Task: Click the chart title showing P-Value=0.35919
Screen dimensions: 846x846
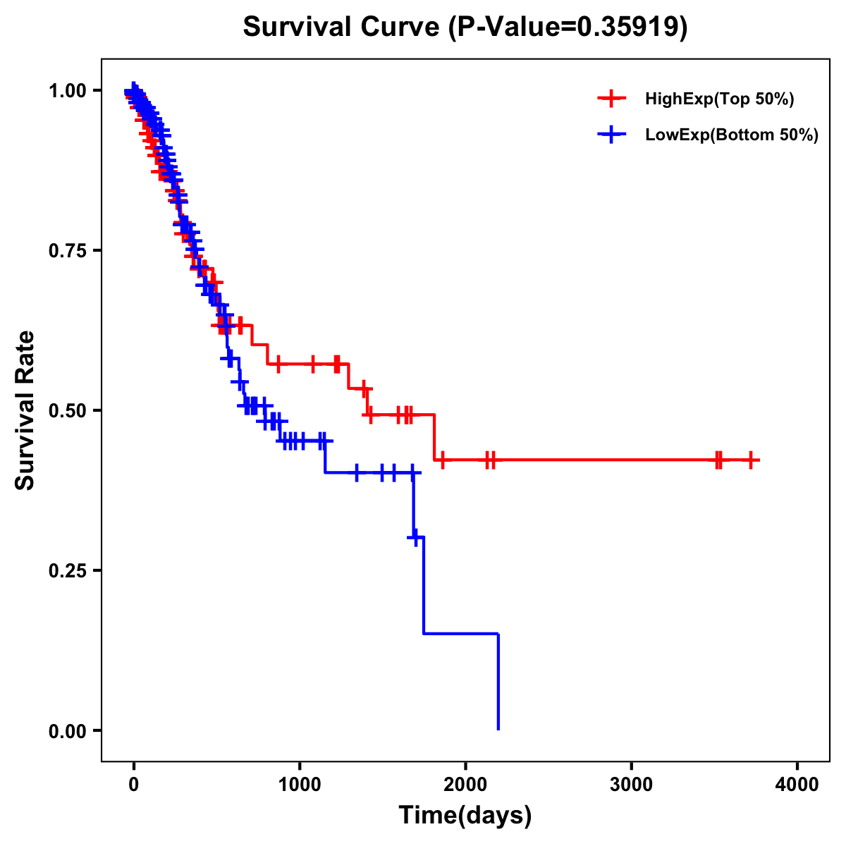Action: (x=465, y=27)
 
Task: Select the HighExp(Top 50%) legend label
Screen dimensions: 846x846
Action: (x=719, y=99)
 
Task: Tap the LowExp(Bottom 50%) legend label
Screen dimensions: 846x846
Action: (x=731, y=135)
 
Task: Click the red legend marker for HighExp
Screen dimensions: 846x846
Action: (x=611, y=99)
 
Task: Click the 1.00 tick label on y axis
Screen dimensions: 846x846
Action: (x=67, y=91)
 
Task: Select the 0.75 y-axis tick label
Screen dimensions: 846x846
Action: (x=67, y=251)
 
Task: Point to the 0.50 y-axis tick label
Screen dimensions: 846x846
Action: (x=67, y=410)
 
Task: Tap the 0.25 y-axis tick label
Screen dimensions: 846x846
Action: (x=67, y=570)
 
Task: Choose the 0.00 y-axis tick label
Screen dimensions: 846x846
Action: (x=67, y=731)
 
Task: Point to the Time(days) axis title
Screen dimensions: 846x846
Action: (x=465, y=816)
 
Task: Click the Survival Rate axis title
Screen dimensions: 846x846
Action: (x=25, y=410)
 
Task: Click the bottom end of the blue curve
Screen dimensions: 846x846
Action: (x=498, y=728)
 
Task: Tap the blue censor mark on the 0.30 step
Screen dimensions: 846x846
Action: (x=416, y=538)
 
